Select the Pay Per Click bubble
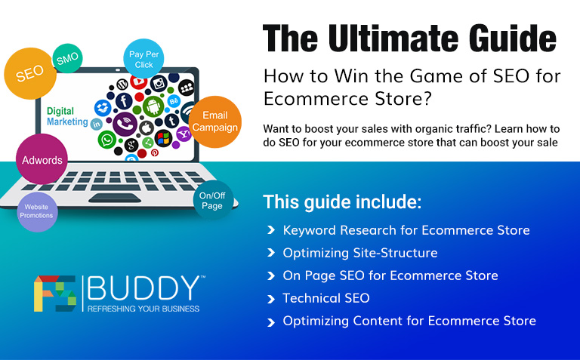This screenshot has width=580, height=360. click(x=143, y=59)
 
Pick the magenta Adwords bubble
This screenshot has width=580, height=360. click(x=42, y=160)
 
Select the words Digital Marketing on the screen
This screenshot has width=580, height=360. click(x=66, y=116)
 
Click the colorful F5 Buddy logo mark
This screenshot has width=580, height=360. click(x=54, y=294)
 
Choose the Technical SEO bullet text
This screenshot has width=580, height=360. click(x=325, y=298)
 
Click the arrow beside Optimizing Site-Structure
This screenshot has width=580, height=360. click(x=270, y=254)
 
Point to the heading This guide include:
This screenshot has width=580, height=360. click(x=342, y=202)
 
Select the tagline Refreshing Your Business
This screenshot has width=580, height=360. click(x=143, y=309)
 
